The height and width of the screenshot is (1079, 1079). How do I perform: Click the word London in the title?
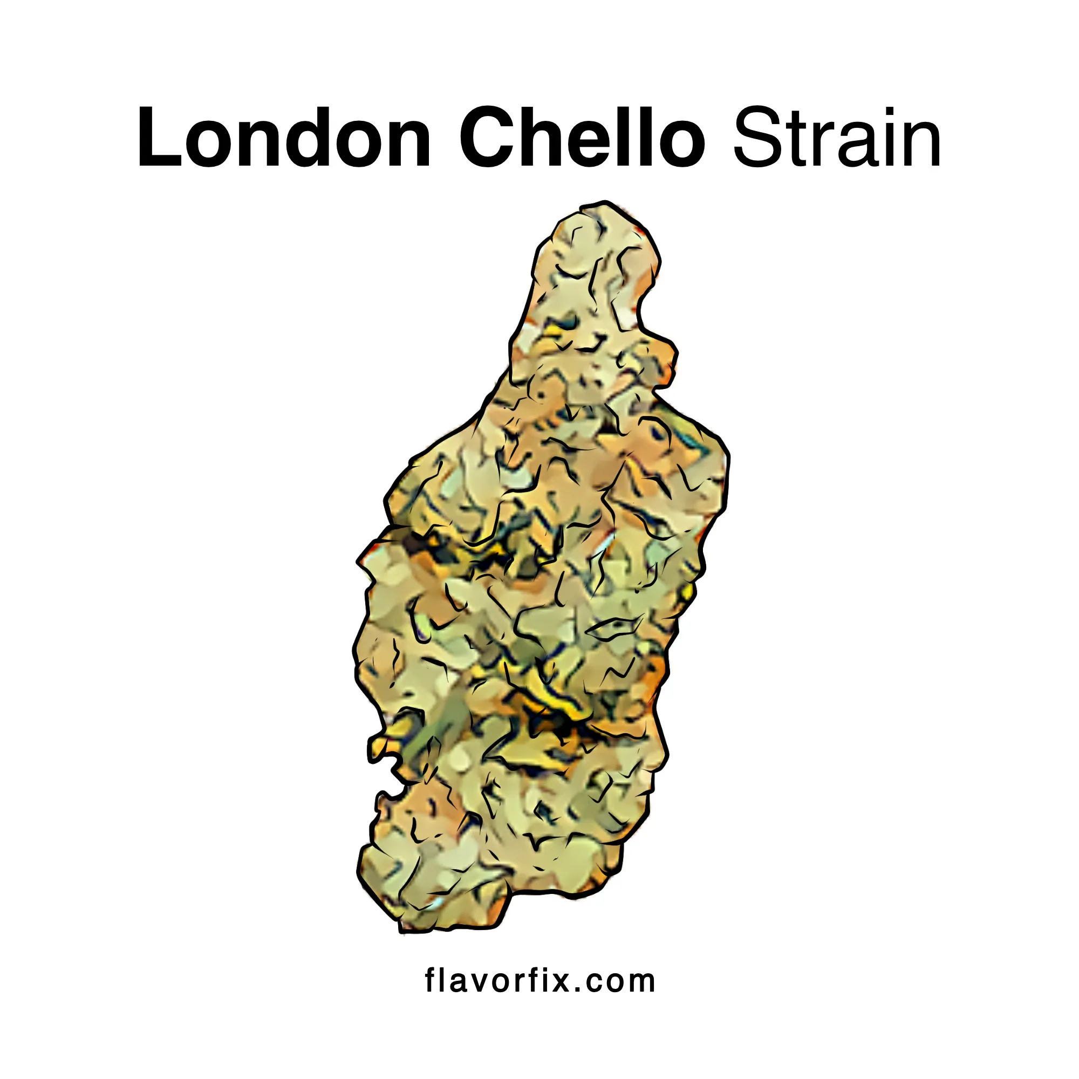point(284,138)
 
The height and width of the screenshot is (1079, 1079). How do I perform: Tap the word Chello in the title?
point(582,138)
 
